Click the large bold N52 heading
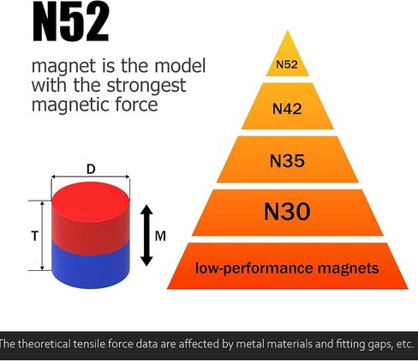(x=71, y=21)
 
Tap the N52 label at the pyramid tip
(x=287, y=64)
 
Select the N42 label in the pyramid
(x=287, y=109)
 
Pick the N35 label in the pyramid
(x=287, y=160)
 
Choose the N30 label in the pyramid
(x=287, y=212)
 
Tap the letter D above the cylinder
(x=91, y=169)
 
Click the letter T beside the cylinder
(x=34, y=236)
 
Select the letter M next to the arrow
(x=160, y=236)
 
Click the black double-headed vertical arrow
(x=146, y=235)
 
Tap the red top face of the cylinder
(x=91, y=201)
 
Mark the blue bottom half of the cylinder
(x=91, y=265)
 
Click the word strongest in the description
(x=146, y=87)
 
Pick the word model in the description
(x=180, y=66)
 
